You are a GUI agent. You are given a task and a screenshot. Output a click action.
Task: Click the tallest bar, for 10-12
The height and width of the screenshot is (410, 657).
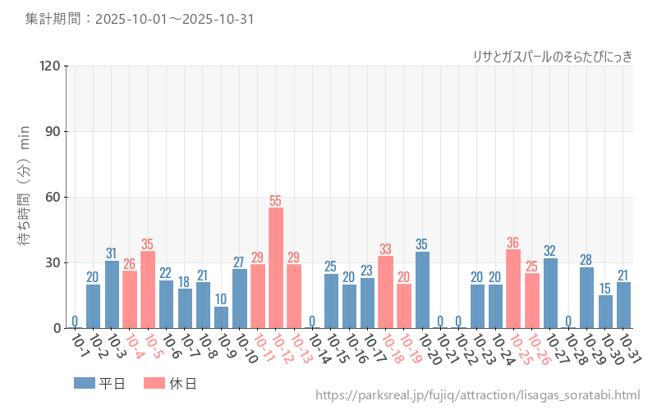click(276, 268)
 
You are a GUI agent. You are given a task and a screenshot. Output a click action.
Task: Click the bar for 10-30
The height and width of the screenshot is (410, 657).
click(605, 312)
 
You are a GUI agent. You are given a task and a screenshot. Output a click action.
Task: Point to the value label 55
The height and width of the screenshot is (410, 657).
click(276, 201)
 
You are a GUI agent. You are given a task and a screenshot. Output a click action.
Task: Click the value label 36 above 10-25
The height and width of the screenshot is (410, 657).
click(513, 243)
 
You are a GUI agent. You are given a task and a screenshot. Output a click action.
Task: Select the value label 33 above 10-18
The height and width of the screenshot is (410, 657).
click(385, 249)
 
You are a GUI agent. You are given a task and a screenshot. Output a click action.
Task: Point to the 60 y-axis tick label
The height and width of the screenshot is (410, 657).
click(53, 197)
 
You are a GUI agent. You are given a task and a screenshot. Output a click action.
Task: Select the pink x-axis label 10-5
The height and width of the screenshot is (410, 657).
click(152, 346)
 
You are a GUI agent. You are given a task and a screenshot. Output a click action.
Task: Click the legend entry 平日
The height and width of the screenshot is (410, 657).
click(100, 383)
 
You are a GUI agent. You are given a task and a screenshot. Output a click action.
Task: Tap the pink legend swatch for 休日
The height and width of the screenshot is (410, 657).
click(154, 383)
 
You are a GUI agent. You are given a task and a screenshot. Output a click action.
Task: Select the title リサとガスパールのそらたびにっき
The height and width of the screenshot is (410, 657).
click(553, 56)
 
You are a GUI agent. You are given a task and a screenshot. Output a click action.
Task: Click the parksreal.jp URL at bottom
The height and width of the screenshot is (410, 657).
click(478, 396)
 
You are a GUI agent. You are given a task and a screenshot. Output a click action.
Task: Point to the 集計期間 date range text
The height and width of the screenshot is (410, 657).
click(140, 19)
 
